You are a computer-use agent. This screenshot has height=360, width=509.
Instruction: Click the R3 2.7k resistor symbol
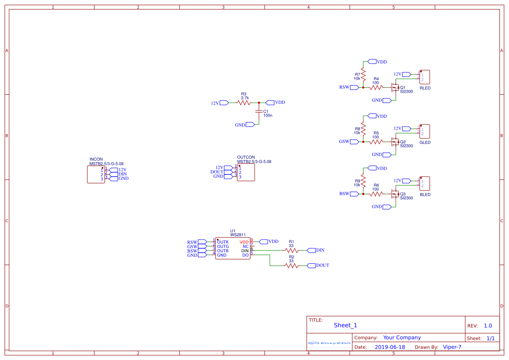tap(244, 103)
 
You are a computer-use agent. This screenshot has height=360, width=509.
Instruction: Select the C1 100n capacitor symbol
tap(259, 111)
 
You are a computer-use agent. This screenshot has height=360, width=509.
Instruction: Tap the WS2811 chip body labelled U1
tap(233, 248)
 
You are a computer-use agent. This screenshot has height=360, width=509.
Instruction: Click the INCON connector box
tap(96, 175)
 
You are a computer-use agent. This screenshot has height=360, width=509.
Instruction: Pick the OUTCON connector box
tap(246, 172)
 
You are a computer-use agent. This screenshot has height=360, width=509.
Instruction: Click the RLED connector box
tap(425, 77)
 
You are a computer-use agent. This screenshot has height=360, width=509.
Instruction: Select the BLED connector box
tap(425, 184)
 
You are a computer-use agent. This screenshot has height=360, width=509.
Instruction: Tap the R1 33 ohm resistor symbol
tap(292, 250)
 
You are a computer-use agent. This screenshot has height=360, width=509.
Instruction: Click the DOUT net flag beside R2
tap(311, 266)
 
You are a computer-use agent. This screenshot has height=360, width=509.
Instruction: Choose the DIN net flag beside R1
tap(311, 250)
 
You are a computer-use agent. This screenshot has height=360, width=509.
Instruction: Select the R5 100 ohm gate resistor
tap(376, 142)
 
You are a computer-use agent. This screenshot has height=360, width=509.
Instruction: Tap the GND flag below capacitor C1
tap(250, 125)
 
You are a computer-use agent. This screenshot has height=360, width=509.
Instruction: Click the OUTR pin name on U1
tap(223, 242)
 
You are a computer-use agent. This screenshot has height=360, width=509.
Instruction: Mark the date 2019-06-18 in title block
tap(390, 347)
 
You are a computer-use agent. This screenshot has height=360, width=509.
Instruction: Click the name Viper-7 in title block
tap(452, 347)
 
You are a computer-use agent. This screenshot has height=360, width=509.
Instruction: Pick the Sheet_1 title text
tap(346, 325)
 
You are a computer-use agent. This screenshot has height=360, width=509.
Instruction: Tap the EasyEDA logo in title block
tap(329, 343)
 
